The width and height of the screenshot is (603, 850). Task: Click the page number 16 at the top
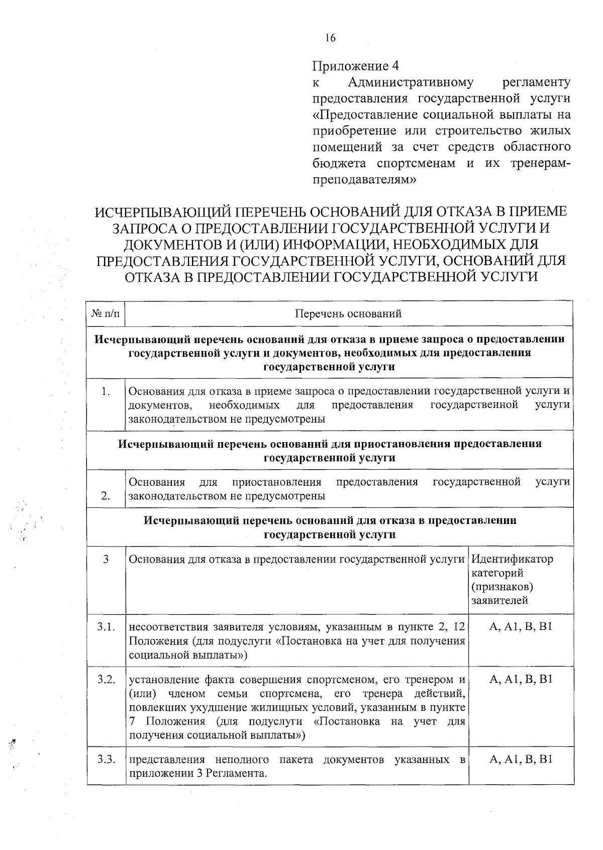[330, 38]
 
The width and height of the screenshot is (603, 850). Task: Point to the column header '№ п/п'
[106, 313]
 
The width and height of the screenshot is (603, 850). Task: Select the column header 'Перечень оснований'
[348, 313]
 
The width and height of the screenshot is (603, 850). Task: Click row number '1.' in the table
[106, 391]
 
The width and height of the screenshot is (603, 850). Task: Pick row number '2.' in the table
[106, 496]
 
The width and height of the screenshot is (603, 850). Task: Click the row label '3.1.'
[106, 627]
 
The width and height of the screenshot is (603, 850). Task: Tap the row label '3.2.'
[106, 680]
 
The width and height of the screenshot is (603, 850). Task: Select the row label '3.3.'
[106, 759]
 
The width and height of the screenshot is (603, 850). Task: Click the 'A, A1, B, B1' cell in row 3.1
[521, 627]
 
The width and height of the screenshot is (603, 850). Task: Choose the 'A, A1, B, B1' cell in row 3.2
[521, 680]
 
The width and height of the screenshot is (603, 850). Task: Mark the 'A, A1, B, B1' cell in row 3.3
[521, 759]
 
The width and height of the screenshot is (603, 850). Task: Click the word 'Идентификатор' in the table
[512, 559]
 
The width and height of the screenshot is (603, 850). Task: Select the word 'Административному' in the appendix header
[411, 82]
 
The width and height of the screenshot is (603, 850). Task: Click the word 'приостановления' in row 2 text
[276, 482]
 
